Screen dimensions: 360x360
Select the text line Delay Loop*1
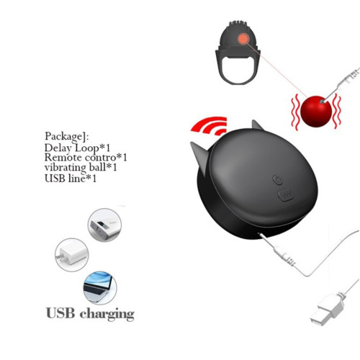[x=77, y=148]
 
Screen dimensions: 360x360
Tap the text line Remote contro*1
[x=86, y=158]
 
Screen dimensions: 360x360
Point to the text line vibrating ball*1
[x=81, y=167]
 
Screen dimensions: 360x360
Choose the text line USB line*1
[x=71, y=179]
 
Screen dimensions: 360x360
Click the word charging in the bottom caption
[x=107, y=315]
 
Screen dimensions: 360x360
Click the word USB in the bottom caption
[x=60, y=313]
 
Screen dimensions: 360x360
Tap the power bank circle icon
[x=104, y=225]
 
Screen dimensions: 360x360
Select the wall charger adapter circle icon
[x=72, y=255]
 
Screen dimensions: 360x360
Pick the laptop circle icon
[x=100, y=288]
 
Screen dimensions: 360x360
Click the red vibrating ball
[x=316, y=112]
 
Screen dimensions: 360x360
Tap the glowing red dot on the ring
[x=243, y=38]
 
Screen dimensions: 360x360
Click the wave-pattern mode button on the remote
[x=286, y=194]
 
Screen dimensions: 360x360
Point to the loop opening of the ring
[x=238, y=70]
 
